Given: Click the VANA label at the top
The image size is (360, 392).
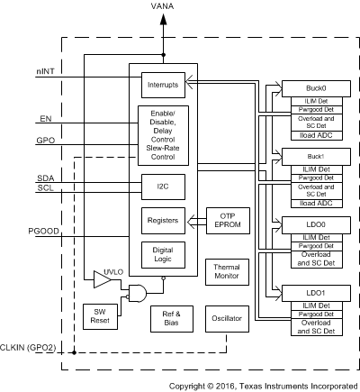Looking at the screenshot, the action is click(162, 6).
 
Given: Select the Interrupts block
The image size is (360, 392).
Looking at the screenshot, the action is click(163, 85).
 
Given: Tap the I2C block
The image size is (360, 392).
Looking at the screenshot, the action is click(163, 187).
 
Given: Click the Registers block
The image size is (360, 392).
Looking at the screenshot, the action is click(163, 221).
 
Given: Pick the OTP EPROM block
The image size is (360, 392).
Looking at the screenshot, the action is click(228, 221).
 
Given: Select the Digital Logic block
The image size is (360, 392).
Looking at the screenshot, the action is click(163, 255).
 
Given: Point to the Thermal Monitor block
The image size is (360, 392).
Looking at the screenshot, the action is click(227, 272).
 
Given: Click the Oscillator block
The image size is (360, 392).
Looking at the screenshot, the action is click(227, 319).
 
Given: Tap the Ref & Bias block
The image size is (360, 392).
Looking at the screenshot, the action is click(172, 319).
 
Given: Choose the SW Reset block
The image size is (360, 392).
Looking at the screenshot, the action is click(100, 316).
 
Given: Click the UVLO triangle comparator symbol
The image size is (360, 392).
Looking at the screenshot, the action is click(103, 279).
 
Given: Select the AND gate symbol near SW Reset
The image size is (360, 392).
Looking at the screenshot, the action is click(138, 294).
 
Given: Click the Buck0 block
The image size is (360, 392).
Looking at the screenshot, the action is click(316, 88).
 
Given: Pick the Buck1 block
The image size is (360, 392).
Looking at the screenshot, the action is click(316, 157).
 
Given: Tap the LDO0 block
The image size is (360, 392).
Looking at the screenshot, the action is click(316, 225).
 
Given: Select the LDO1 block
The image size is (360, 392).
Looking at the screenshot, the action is click(316, 293).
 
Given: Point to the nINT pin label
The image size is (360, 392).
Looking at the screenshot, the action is click(46, 71).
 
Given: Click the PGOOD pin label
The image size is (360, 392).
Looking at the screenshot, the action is click(43, 232).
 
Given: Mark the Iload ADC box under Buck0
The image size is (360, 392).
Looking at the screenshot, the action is click(317, 135).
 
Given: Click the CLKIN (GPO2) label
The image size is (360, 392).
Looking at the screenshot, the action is click(28, 348).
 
